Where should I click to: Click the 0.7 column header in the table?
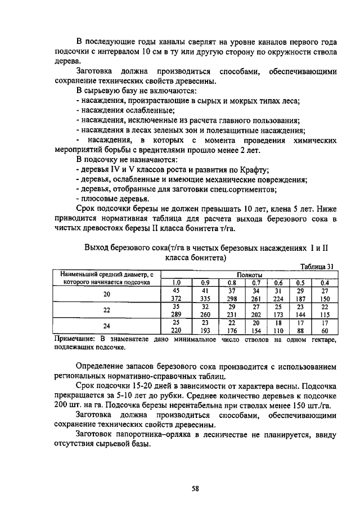pos(256,282)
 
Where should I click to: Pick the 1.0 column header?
pos(175,282)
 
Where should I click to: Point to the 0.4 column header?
pos(324,282)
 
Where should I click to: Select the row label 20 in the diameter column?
pos(106,294)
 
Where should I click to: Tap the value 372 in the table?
pos(175,298)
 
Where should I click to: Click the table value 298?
pos(231,298)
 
